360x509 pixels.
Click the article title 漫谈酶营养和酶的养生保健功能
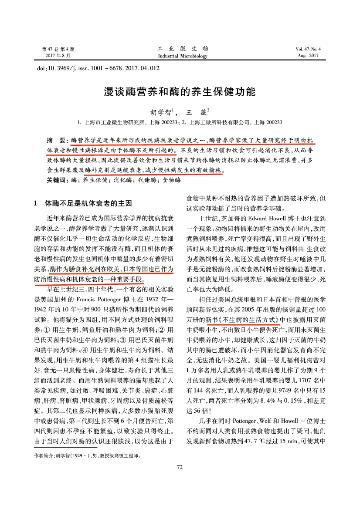tap(180, 92)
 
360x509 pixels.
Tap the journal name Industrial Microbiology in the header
tap(183, 56)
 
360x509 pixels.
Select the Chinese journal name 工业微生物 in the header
tap(183, 48)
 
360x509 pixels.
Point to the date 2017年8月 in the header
tap(58, 56)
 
